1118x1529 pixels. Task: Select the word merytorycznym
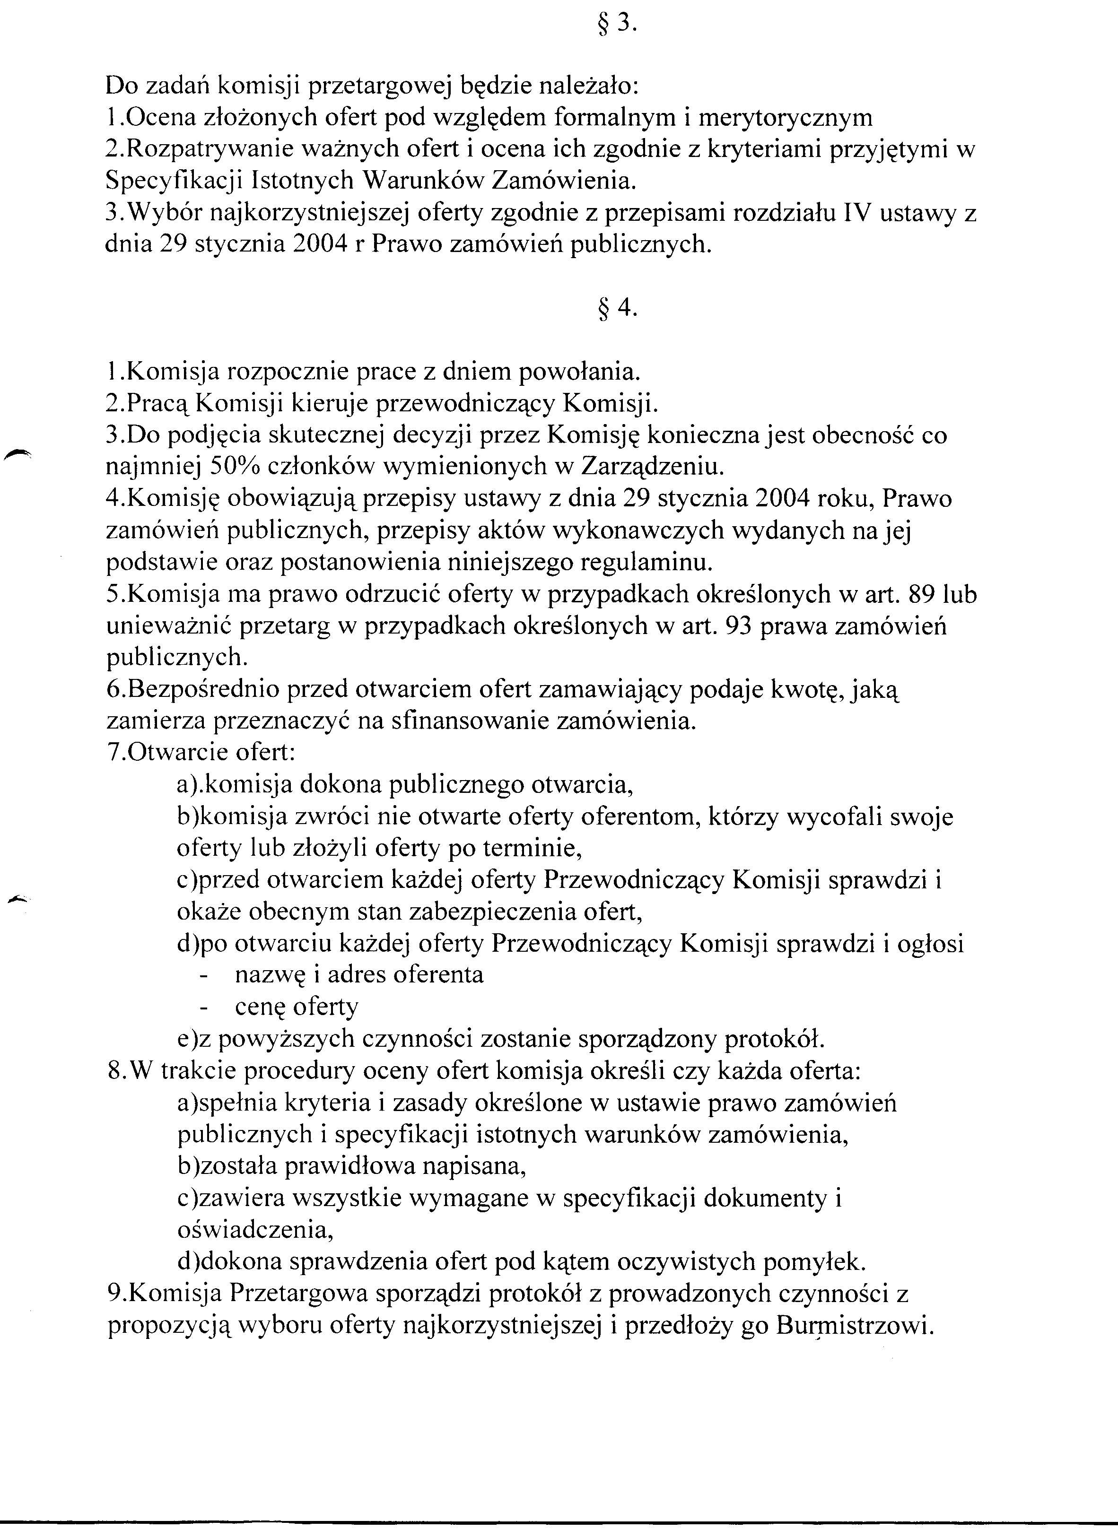click(x=785, y=118)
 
